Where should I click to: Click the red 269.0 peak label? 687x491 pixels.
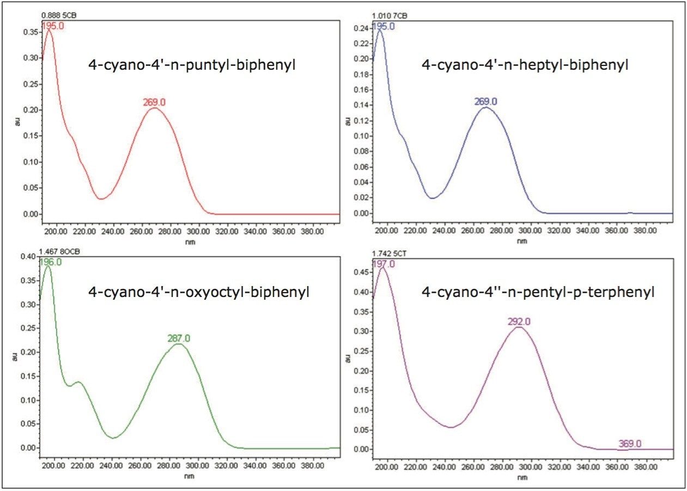point(155,101)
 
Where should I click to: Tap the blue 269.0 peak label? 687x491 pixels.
point(485,101)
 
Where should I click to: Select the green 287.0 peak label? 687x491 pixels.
point(179,338)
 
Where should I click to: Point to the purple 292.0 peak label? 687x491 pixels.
point(519,322)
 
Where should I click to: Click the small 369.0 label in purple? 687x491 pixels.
point(630,444)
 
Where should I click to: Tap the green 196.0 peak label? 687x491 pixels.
point(50,262)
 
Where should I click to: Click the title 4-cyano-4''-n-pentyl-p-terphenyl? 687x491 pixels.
point(538,292)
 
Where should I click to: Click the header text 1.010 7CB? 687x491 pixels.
point(389,15)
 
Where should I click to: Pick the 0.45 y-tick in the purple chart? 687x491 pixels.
point(361,272)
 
